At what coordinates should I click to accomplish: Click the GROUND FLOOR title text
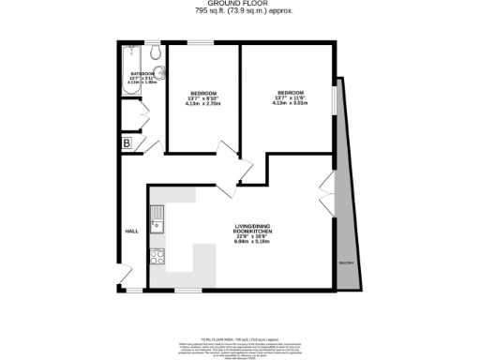240,4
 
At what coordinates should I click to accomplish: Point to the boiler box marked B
126,143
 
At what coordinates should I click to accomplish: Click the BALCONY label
347,263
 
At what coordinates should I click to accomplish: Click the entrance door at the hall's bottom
125,277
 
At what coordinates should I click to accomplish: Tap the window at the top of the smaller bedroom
200,43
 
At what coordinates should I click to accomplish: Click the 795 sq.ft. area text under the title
240,13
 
